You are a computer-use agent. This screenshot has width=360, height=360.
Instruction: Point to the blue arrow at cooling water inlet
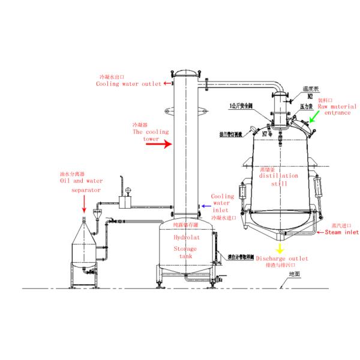click(x=204, y=205)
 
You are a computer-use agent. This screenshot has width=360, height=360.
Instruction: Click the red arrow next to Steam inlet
click(x=320, y=232)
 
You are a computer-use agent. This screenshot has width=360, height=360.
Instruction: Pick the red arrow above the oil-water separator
click(x=83, y=206)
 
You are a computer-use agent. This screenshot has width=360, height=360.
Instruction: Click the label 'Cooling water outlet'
click(x=128, y=85)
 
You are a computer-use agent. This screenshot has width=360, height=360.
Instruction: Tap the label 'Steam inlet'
click(x=341, y=232)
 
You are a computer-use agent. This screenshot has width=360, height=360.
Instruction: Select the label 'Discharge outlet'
click(x=282, y=259)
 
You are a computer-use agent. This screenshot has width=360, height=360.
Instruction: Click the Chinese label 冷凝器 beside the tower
click(x=140, y=125)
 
